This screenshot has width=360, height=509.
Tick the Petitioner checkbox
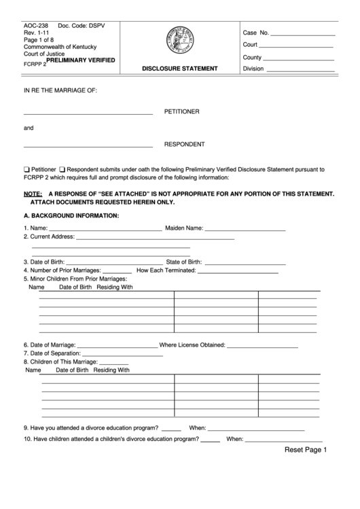coord(26,169)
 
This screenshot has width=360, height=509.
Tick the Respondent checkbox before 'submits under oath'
coord(62,169)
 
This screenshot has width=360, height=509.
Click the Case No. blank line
coord(304,33)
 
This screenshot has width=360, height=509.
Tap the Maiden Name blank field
coord(245,228)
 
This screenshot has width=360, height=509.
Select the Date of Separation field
coord(123,354)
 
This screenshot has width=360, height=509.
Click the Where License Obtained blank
coord(262,345)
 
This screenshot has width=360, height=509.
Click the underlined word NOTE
coord(33,194)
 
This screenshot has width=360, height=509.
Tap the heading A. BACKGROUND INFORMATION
coord(71,215)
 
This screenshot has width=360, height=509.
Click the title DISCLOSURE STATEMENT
coord(179,69)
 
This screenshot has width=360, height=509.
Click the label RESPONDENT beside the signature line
coord(184,144)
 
